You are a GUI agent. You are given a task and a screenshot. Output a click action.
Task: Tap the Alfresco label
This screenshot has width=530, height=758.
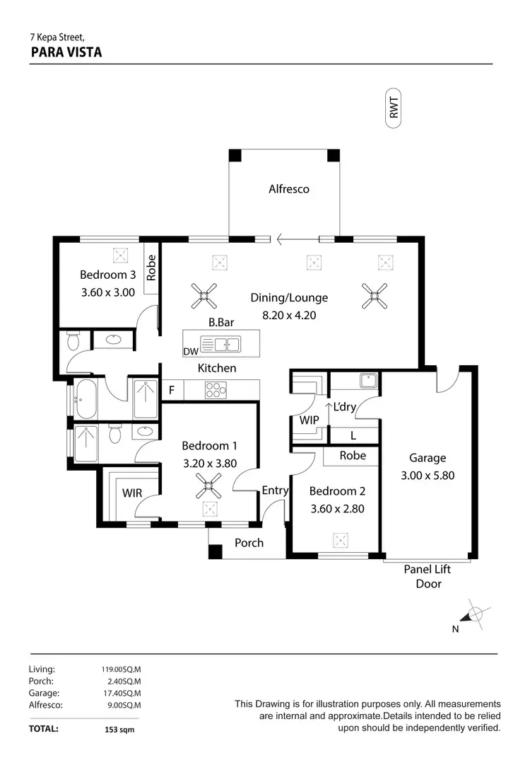288,189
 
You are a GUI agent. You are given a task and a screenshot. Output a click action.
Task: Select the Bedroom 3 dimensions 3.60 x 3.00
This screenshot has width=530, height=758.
107,292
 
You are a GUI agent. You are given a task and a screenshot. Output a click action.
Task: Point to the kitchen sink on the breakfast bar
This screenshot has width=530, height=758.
220,345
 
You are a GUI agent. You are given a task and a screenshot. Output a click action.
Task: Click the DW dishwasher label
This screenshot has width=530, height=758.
190,352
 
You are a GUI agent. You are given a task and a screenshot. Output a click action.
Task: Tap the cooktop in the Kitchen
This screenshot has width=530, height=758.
214,389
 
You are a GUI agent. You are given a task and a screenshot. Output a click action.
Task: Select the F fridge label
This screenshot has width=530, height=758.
171,389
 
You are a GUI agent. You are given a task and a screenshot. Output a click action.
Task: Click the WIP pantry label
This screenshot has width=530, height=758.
310,420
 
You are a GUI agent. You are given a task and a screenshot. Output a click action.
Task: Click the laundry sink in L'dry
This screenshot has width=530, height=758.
366,381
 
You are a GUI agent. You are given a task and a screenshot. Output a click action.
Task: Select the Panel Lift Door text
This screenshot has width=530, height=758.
428,576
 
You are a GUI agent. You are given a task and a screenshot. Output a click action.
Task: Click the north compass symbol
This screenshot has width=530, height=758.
476,614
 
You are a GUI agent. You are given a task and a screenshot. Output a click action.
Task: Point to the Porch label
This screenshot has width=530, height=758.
249,543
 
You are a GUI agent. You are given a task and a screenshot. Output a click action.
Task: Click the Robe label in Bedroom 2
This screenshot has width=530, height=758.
353,456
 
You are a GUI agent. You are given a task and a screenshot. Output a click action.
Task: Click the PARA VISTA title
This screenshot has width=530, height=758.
66,52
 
